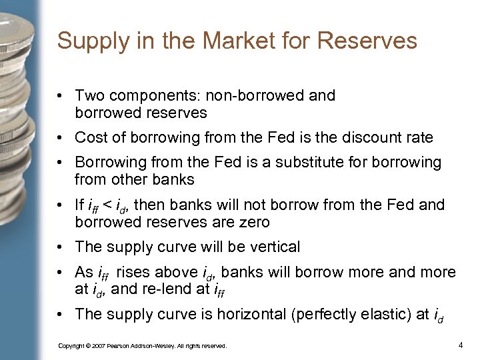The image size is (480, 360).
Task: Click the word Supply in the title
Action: tap(83, 41)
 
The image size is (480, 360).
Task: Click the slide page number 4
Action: tap(461, 345)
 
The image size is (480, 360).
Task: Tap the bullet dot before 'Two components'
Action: tap(61, 96)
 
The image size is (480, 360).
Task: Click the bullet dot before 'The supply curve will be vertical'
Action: tap(61, 247)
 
